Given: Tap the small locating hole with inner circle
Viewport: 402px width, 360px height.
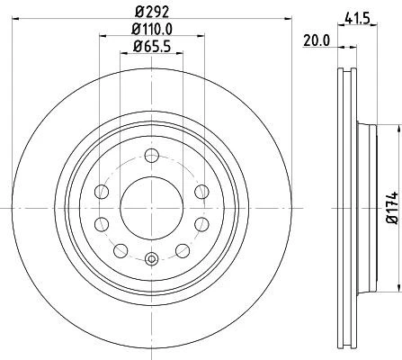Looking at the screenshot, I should coord(150,260).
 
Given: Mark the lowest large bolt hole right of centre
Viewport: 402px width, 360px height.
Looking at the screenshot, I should coord(181,247).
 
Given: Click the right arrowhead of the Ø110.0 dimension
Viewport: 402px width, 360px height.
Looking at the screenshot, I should coord(203,38).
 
